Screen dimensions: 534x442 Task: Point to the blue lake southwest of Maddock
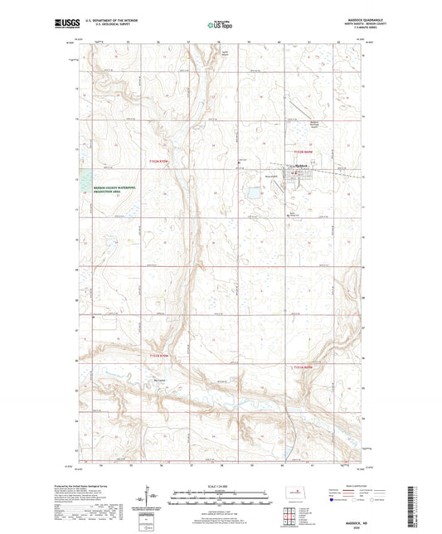point(250,196)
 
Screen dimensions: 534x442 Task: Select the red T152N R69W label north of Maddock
point(304,153)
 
